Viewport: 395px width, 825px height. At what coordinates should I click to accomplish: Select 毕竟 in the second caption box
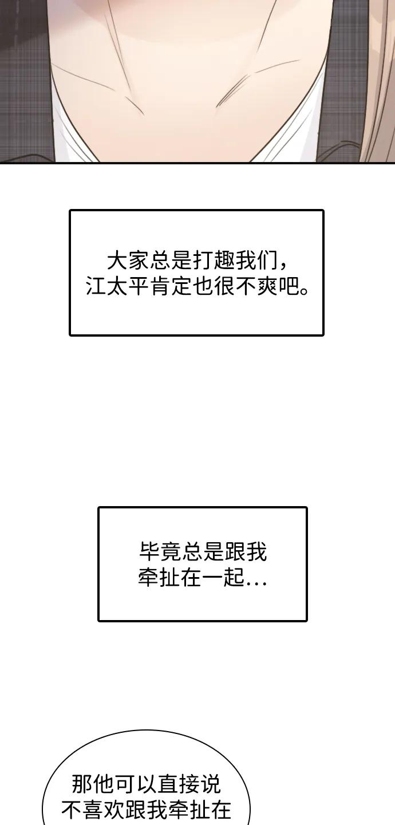click(160, 553)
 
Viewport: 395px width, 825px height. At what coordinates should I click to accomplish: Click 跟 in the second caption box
click(235, 553)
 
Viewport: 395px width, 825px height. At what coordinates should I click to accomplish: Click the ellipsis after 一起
click(256, 584)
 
